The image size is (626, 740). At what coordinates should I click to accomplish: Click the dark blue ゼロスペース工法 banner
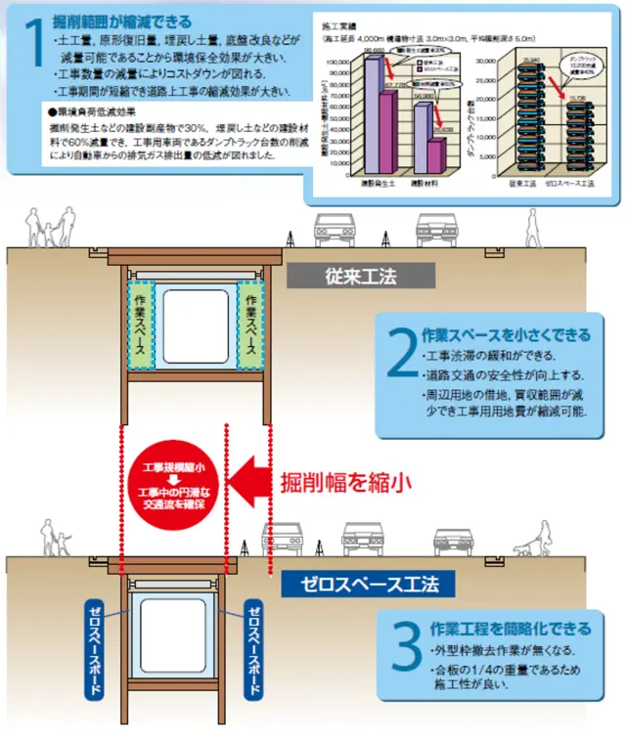(x=367, y=585)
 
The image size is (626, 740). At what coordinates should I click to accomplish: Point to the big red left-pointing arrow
(x=257, y=481)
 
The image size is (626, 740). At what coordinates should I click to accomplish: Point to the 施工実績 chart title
(x=336, y=21)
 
